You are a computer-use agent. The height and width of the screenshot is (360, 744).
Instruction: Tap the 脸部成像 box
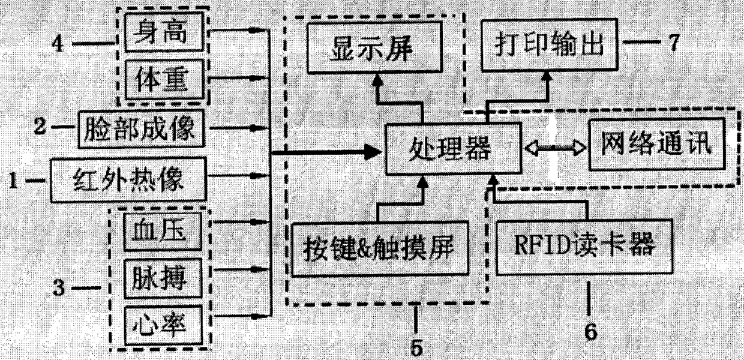pyautogui.click(x=142, y=128)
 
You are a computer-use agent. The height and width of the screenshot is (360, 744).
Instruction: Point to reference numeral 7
pyautogui.click(x=673, y=43)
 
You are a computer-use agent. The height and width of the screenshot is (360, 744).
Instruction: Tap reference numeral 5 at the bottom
pyautogui.click(x=416, y=347)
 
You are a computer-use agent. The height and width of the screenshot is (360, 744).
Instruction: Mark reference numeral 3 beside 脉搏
pyautogui.click(x=58, y=289)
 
